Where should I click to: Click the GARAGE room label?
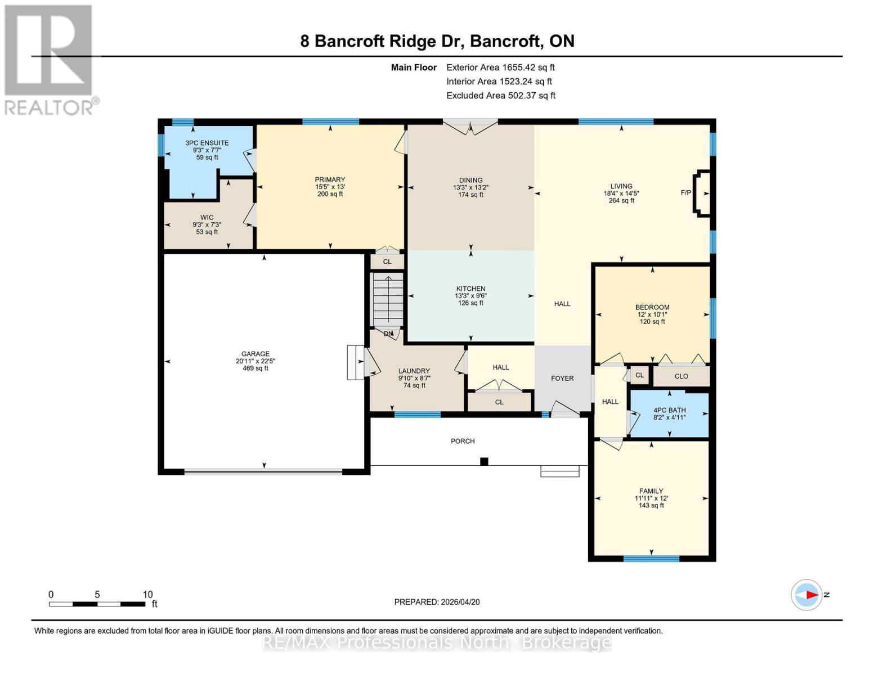[255, 354]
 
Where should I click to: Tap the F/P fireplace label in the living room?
[685, 193]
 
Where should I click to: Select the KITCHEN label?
[470, 289]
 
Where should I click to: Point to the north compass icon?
[806, 595]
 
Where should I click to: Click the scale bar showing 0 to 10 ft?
[97, 604]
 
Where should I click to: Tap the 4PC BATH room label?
[669, 410]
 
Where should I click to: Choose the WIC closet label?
[207, 217]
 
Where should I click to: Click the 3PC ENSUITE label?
[207, 143]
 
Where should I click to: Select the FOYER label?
[562, 379]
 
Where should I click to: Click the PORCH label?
[463, 441]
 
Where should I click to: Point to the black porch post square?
[484, 461]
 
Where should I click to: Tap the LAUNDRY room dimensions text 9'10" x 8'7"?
[414, 378]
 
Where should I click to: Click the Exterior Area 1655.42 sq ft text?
[500, 67]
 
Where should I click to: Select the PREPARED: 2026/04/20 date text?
[437, 602]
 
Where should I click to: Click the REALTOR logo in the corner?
[50, 59]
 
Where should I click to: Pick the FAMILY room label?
[651, 490]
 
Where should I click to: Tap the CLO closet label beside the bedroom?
[681, 376]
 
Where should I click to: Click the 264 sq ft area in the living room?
[621, 200]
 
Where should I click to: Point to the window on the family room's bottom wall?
[651, 559]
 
